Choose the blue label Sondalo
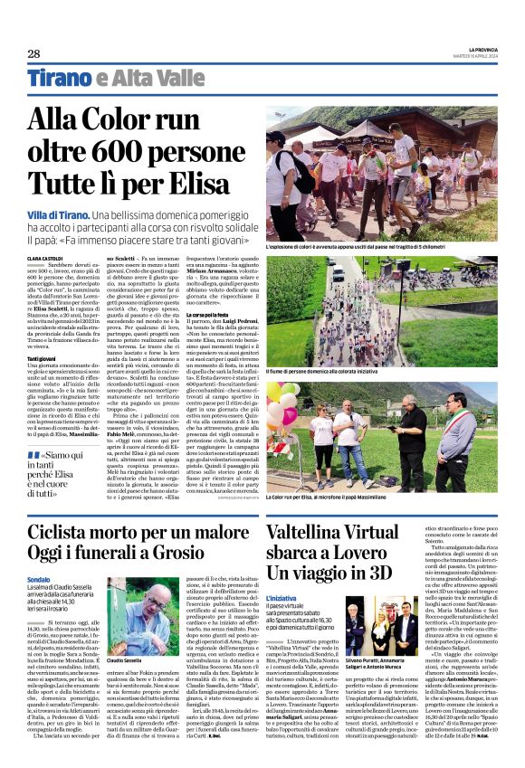[39, 579]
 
